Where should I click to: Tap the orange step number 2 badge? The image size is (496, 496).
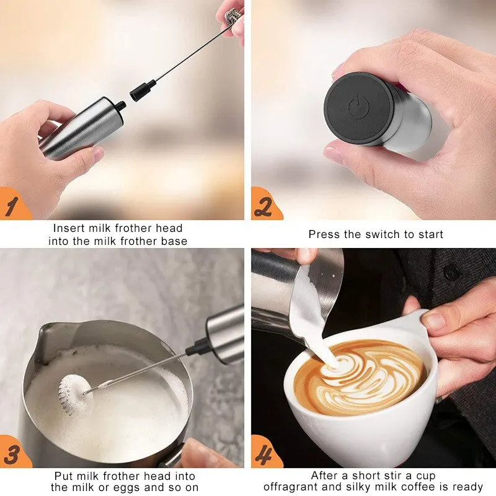pyautogui.click(x=266, y=205)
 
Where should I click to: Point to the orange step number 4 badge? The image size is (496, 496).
pyautogui.click(x=265, y=453)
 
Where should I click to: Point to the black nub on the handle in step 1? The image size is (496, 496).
pyautogui.click(x=120, y=106)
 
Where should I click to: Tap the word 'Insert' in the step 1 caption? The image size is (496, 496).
pyautogui.click(x=69, y=228)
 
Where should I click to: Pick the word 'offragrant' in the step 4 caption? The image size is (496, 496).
pyautogui.click(x=293, y=487)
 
